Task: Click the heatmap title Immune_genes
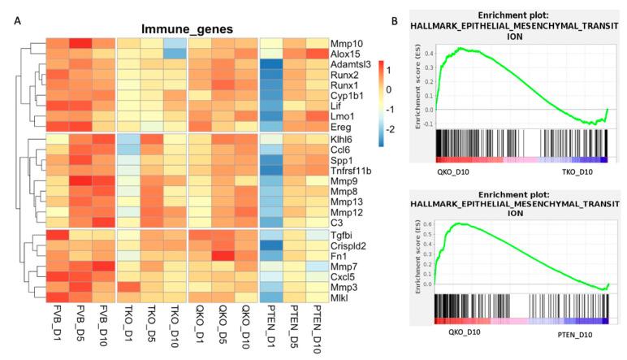(x=187, y=28)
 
